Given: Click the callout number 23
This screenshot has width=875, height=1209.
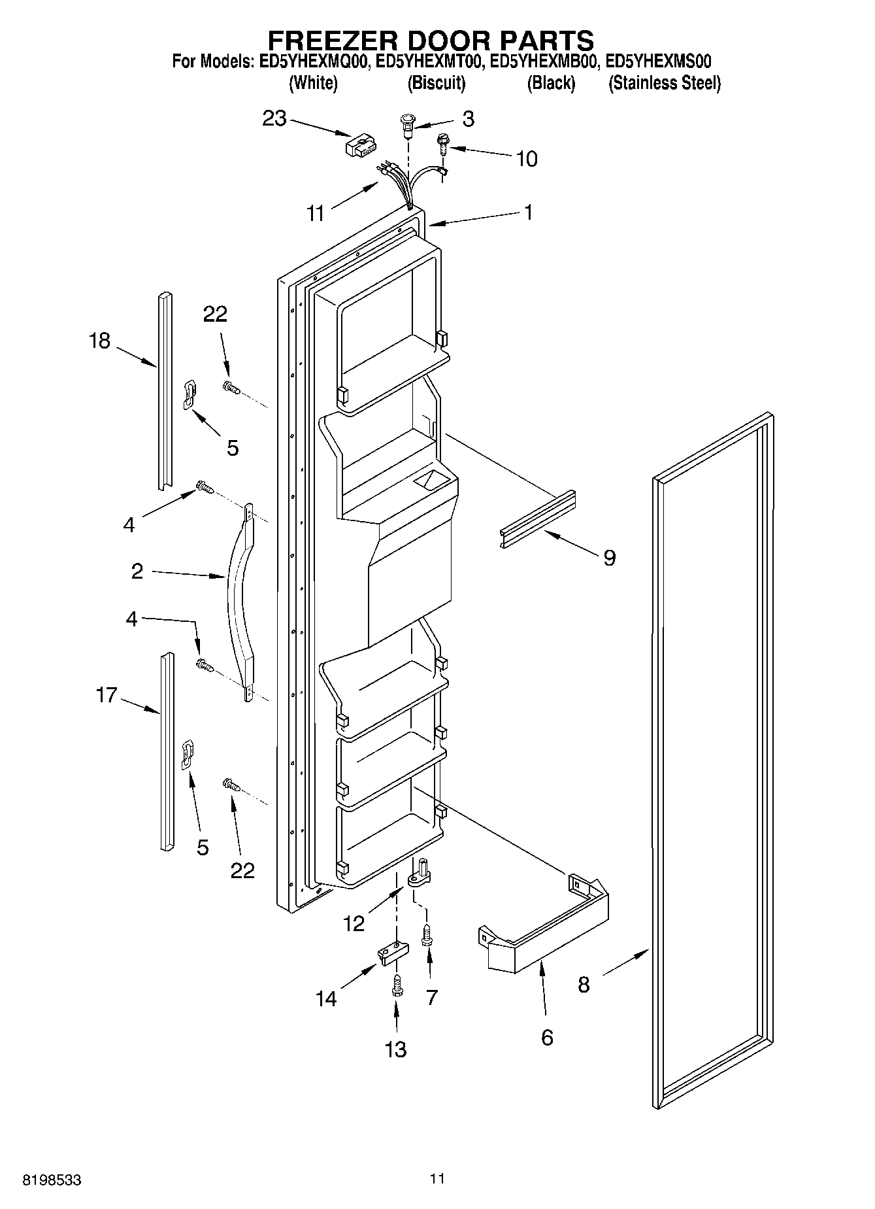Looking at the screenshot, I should pyautogui.click(x=274, y=118).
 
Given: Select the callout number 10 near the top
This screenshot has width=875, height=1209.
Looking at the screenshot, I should pyautogui.click(x=527, y=159).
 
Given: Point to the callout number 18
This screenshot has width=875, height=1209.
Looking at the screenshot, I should pyautogui.click(x=99, y=341).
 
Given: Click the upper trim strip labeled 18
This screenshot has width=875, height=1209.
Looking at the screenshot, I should pyautogui.click(x=164, y=392).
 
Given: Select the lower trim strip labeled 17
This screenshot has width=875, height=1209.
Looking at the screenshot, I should pyautogui.click(x=167, y=752).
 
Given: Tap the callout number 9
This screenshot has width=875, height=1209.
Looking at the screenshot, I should pyautogui.click(x=609, y=558).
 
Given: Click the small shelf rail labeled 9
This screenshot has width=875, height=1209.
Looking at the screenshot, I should pyautogui.click(x=538, y=520).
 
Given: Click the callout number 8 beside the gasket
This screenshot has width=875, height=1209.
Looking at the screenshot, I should pyautogui.click(x=584, y=985).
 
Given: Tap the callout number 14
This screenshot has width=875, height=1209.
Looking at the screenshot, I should pyautogui.click(x=326, y=999).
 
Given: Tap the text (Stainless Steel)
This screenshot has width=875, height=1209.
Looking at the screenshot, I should pyautogui.click(x=664, y=84).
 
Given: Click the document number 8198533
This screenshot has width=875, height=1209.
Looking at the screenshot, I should pyautogui.click(x=52, y=1180).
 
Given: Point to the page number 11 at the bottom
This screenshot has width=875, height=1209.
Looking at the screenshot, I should pyautogui.click(x=437, y=1179).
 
